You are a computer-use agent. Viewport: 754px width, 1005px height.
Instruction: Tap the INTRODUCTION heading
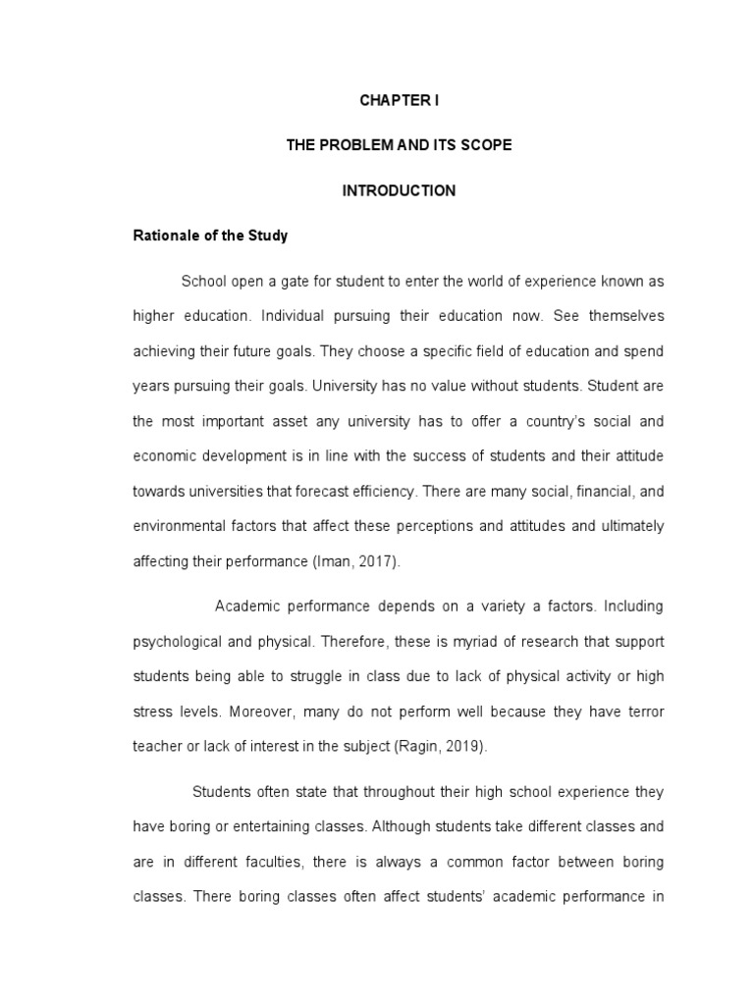click(x=399, y=191)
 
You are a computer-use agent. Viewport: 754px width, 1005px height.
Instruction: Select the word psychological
click(x=178, y=641)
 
